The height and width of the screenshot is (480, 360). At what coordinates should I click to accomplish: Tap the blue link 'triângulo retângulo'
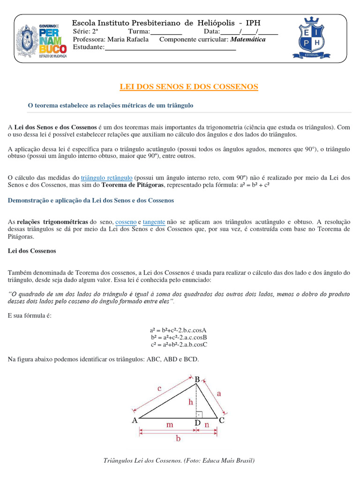point(106,178)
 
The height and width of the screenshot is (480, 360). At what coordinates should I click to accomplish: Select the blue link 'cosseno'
point(126,221)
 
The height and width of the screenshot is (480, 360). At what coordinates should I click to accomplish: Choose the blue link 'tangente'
point(154,221)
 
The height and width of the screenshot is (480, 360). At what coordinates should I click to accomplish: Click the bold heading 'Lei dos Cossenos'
point(32,251)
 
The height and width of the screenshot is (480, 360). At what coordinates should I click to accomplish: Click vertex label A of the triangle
point(135,421)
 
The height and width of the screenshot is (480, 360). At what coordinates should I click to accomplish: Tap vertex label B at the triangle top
point(197,379)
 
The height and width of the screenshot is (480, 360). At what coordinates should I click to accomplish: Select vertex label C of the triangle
point(222,421)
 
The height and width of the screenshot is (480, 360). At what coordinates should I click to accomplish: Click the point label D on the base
point(197,423)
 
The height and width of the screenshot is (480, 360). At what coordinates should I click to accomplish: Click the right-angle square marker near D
point(199,414)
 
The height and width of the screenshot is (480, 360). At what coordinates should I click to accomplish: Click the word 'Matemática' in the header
point(248,39)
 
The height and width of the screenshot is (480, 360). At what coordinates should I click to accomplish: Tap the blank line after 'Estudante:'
point(170,48)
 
